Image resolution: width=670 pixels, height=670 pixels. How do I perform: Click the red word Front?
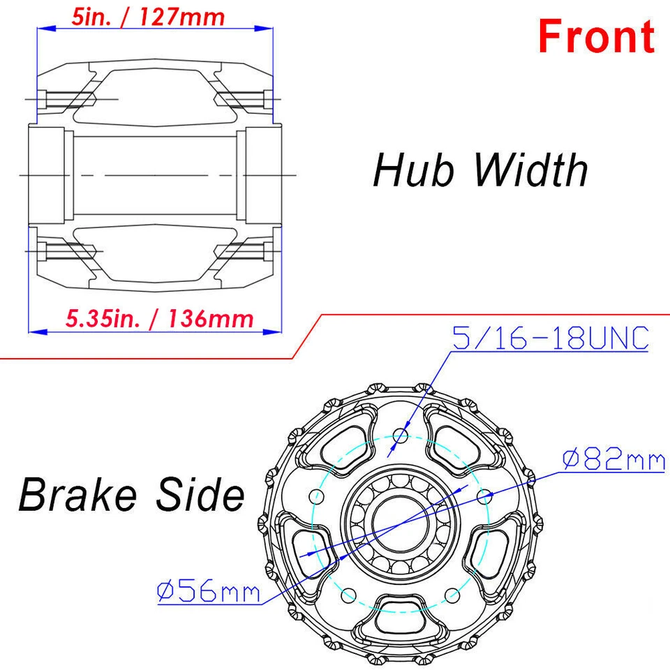coord(597,36)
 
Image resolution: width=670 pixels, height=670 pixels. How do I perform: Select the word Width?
coord(532,170)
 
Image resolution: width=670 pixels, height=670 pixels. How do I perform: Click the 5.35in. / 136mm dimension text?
coord(159,319)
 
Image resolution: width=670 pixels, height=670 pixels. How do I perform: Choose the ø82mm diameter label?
coord(614,460)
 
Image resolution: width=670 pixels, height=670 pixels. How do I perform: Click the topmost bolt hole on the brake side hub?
coord(400,437)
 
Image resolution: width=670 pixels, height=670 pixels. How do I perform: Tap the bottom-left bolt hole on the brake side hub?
coord(348,595)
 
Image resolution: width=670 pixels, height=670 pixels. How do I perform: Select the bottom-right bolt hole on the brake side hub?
coord(452,595)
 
